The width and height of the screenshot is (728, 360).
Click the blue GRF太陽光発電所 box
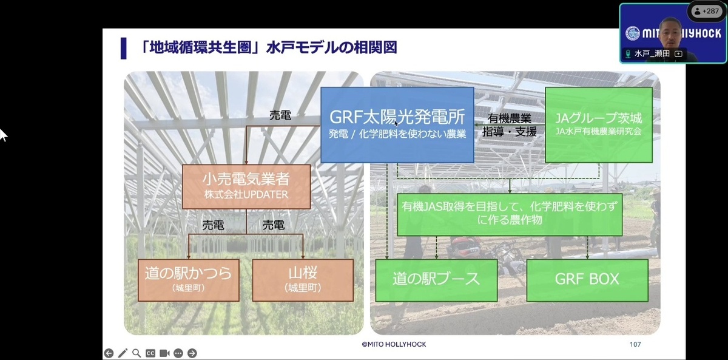pos(397,125)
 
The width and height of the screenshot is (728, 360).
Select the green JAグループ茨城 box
pos(599,125)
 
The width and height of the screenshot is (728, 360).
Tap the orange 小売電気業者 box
pos(246,186)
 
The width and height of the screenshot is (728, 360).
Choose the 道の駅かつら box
pos(189,280)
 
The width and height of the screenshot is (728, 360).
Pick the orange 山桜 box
pos(303,280)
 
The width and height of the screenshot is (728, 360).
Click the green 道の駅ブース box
pos(436,280)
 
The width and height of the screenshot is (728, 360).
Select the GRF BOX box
pos(587,280)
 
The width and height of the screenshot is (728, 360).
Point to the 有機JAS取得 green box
pos(510,215)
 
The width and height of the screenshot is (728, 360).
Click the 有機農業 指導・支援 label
pos(509,125)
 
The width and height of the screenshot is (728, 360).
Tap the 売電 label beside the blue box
pos(280,115)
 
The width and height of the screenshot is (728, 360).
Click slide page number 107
pos(635,344)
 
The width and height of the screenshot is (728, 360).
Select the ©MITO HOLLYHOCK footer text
pos(394,344)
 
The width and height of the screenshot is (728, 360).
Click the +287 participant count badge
pos(707,12)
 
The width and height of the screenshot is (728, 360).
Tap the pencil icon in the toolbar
pos(123,353)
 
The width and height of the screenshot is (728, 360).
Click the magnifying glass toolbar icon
pos(136,353)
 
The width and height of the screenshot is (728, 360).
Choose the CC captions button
pos(150,353)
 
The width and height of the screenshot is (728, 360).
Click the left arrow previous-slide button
pos(109,353)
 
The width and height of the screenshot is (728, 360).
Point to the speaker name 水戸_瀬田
pos(652,53)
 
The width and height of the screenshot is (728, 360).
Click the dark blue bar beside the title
pos(124,49)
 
